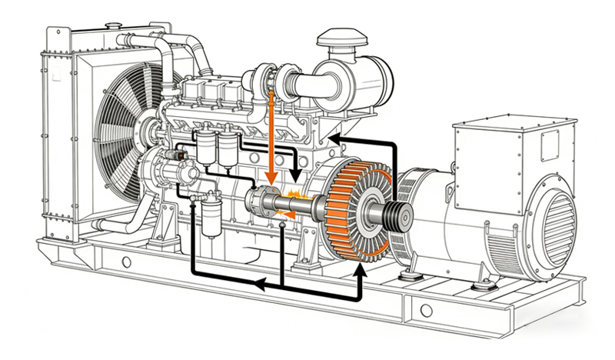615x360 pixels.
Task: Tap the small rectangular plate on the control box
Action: (x=548, y=144)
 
